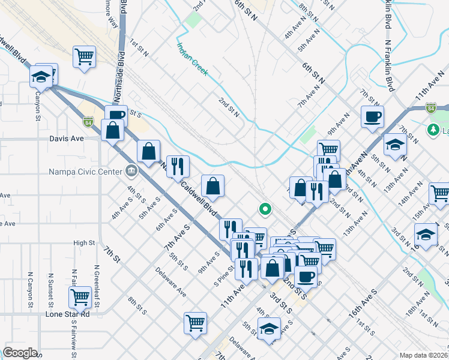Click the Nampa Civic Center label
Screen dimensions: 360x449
coord(84,171)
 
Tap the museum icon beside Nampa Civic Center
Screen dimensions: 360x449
coord(130,171)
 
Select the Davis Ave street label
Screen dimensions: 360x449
coord(66,138)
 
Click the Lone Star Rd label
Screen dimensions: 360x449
coord(68,314)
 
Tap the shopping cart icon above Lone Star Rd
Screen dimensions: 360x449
coord(79,296)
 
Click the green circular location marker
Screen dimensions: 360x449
coord(264,209)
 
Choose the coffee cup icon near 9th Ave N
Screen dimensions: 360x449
coord(372,116)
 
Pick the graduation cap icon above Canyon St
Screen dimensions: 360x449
coord(41,76)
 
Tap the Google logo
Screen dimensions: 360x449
coord(20,353)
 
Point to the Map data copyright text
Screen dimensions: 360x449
coord(423,355)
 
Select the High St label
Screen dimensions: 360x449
coord(85,243)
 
